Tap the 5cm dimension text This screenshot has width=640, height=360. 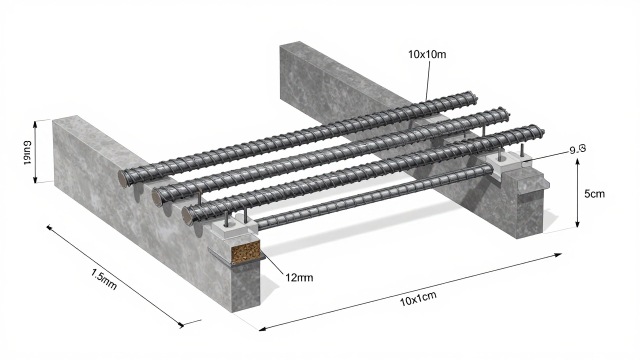tap(594, 194)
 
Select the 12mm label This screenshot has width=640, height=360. tap(298, 277)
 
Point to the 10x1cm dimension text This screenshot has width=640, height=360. tap(418, 298)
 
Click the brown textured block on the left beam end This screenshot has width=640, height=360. tap(245, 250)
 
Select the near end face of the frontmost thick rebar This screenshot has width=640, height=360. tap(187, 216)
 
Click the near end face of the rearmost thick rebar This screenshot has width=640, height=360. tap(122, 178)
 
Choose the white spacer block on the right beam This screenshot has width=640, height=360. tap(502, 162)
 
